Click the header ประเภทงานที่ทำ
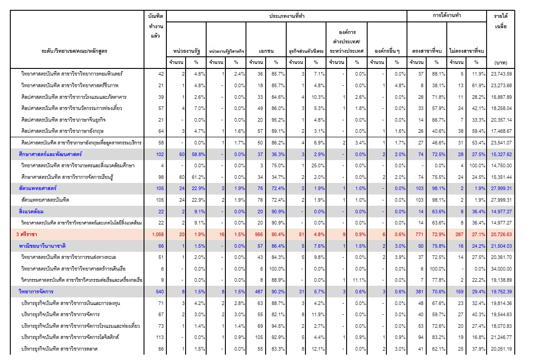coord(287,16)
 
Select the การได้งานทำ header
coord(447,15)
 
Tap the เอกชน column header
coord(266,51)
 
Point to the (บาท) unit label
coord(501,63)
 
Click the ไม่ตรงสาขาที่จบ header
coord(466,51)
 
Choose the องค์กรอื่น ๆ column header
coord(387,51)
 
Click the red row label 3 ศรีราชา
coord(27,234)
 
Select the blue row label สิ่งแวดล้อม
coord(31,212)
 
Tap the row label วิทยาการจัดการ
coord(36,292)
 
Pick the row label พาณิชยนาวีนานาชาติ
coord(42,246)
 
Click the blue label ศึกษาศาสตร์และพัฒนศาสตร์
coord(50,154)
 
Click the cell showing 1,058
coord(158,234)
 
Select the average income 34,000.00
coord(501,269)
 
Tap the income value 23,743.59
coord(501,74)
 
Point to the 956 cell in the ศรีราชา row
coord(258,234)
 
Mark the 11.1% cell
coord(359,280)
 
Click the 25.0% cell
coord(318,165)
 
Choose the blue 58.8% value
coord(199,154)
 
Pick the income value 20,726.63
coord(501,234)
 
